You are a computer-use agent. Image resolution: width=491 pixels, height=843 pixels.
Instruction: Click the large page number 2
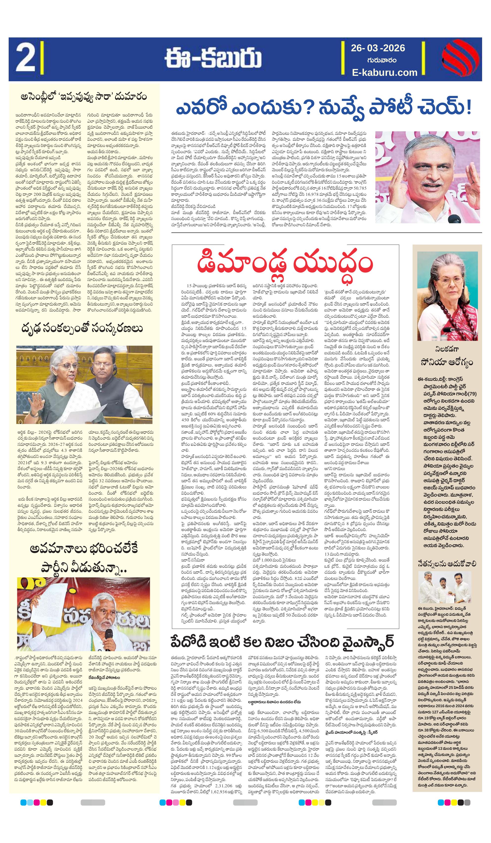pyautogui.click(x=25, y=59)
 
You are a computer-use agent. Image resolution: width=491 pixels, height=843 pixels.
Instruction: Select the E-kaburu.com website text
pyautogui.click(x=384, y=72)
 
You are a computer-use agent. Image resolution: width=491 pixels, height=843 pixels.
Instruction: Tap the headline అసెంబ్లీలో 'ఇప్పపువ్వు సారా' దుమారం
pyautogui.click(x=84, y=97)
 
